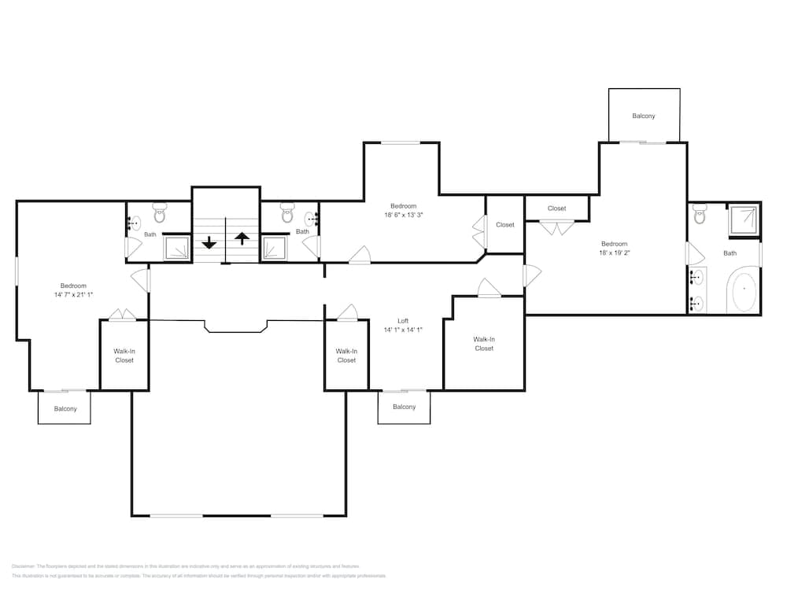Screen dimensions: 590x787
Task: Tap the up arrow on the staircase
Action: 242,238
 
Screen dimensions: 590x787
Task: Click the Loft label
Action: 403,321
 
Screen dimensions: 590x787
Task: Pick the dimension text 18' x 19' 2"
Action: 615,253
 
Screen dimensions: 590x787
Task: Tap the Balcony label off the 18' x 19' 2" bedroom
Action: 643,116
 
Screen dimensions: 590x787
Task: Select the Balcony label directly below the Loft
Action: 404,407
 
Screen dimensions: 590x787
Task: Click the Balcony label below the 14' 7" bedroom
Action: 65,409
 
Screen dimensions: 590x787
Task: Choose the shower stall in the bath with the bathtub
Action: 744,220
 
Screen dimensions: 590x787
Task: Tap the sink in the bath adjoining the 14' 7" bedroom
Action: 133,223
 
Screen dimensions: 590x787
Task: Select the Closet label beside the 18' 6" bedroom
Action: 504,225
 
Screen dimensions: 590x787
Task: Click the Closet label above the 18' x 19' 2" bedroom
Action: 556,208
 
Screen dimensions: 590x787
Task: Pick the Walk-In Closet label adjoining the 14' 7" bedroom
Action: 124,356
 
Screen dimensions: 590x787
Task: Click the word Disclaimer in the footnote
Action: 24,566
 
